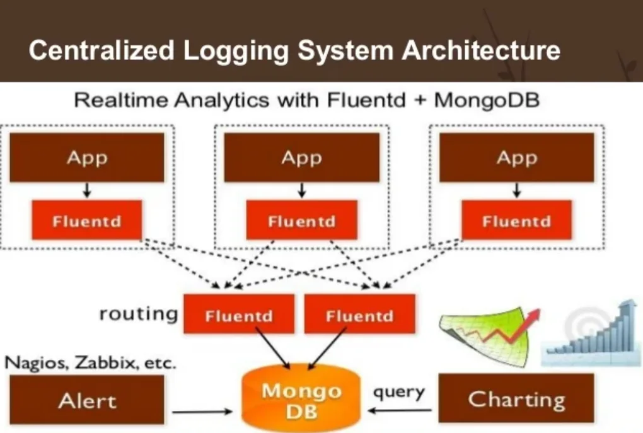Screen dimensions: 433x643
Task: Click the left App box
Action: (x=87, y=158)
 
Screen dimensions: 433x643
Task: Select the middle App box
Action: (x=301, y=158)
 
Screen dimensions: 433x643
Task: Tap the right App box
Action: (x=516, y=158)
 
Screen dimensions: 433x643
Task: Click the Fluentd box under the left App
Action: (x=87, y=221)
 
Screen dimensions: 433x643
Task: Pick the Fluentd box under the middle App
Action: (x=301, y=221)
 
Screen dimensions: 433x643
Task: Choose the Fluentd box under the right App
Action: (x=516, y=221)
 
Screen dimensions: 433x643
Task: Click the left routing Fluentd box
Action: (x=238, y=315)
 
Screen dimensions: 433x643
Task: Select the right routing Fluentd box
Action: (x=359, y=315)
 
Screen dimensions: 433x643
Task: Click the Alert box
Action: (x=87, y=400)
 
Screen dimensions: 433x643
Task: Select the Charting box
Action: (x=516, y=399)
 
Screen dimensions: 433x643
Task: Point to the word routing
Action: (x=138, y=313)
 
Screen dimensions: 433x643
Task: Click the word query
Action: (x=398, y=392)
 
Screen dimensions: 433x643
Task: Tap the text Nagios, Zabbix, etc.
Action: (x=91, y=363)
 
